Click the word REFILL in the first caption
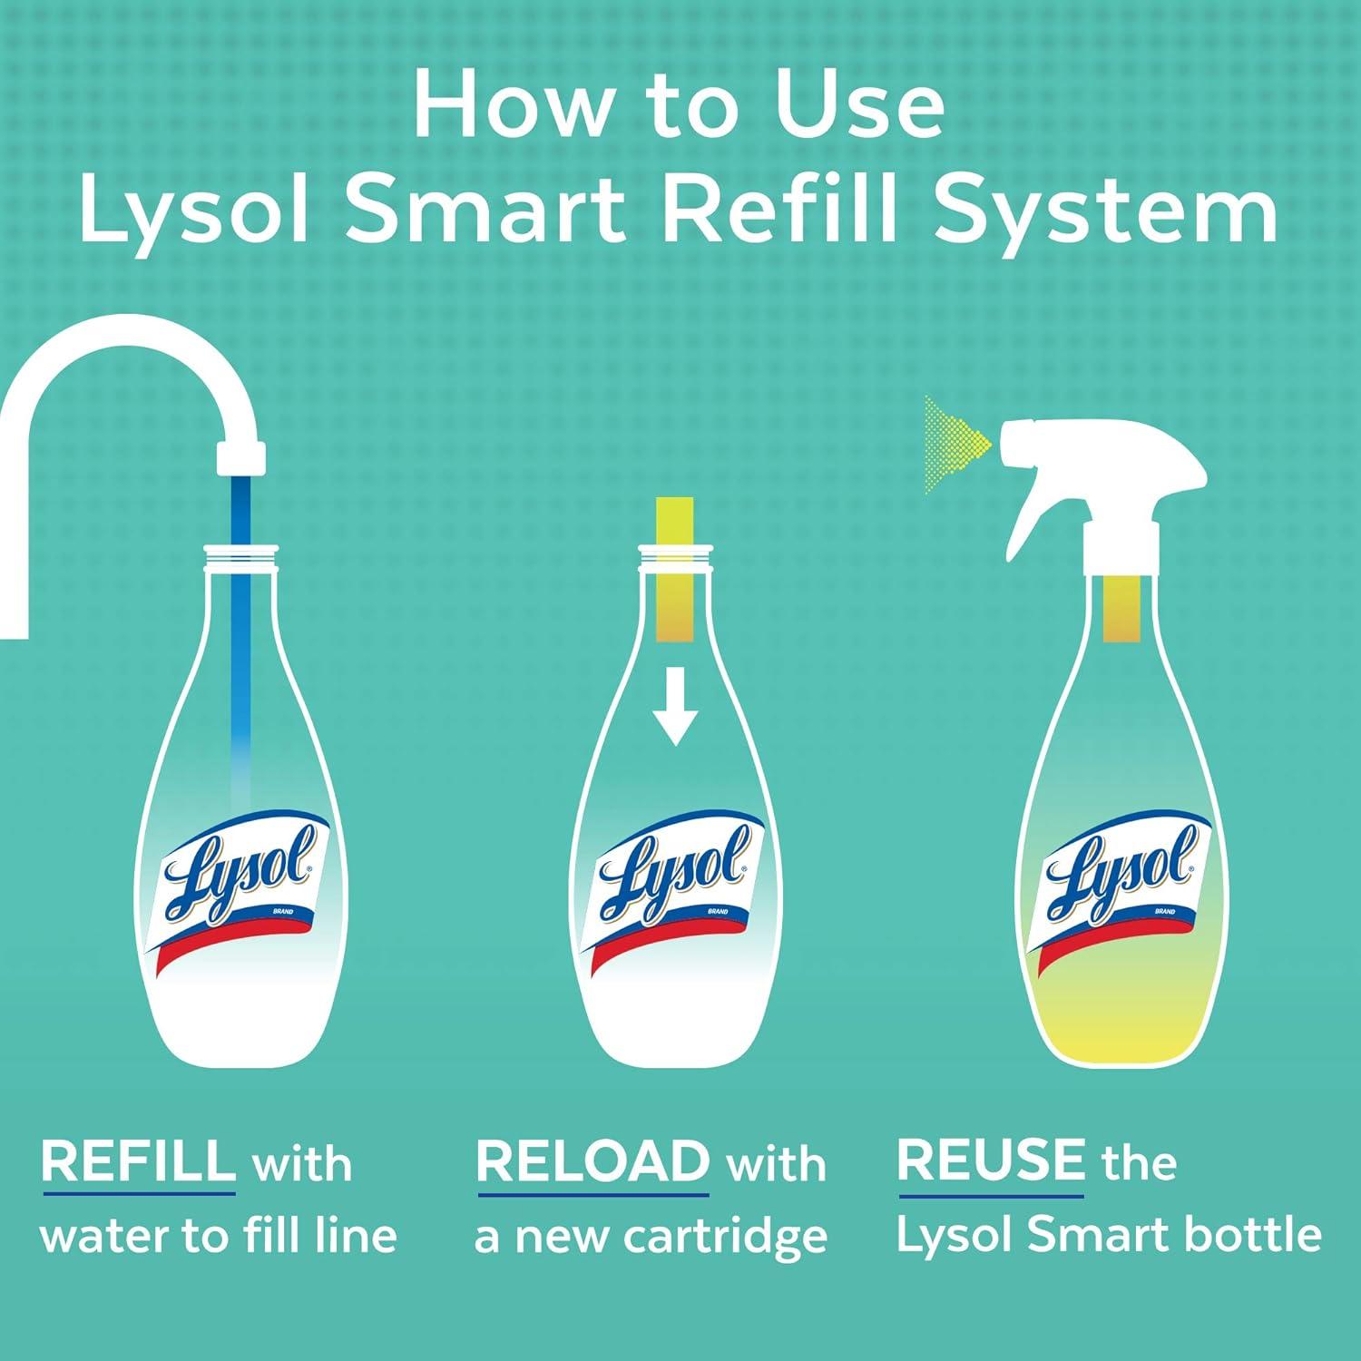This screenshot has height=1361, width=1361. point(138,1160)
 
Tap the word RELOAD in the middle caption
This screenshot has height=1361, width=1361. point(592,1160)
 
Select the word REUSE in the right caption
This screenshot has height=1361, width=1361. point(990,1160)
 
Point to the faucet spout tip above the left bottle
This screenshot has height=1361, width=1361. point(241,458)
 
